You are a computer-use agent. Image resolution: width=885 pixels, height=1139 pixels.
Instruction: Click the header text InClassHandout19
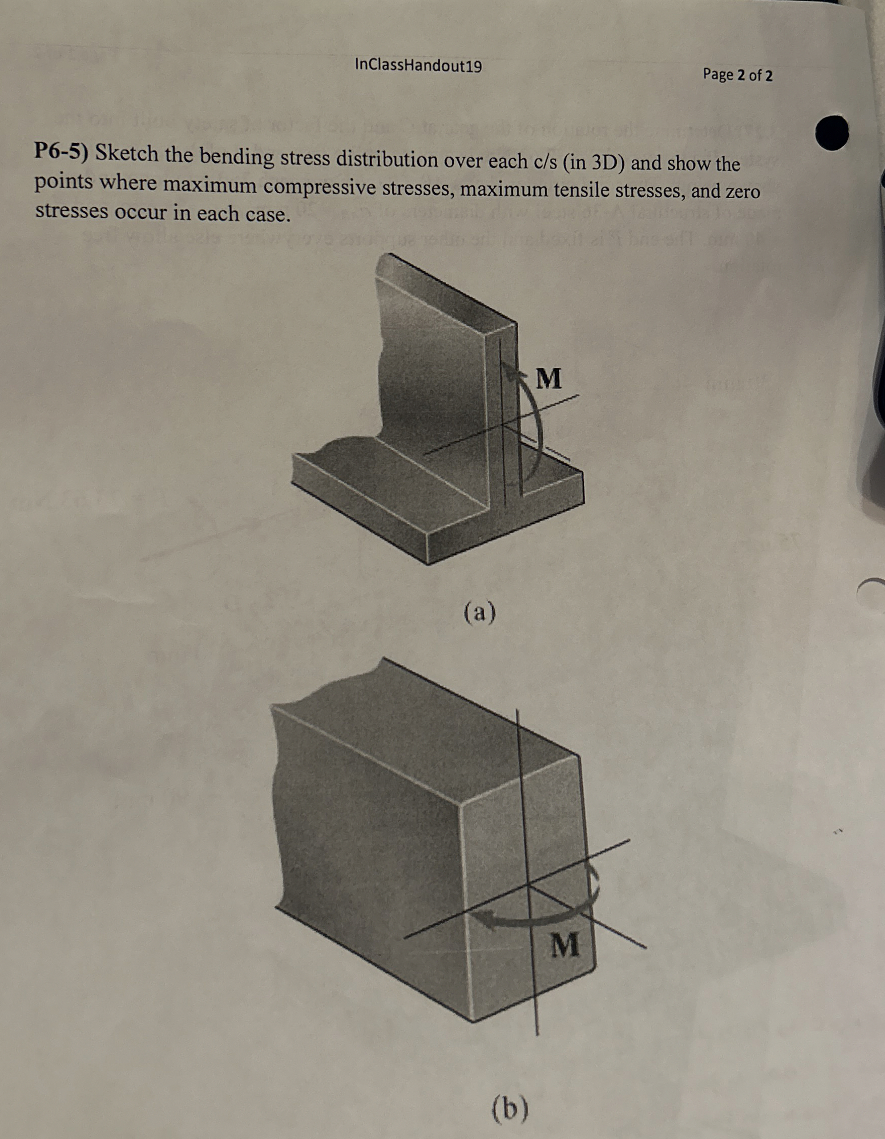point(418,66)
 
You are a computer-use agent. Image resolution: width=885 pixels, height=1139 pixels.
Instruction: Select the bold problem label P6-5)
point(62,152)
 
